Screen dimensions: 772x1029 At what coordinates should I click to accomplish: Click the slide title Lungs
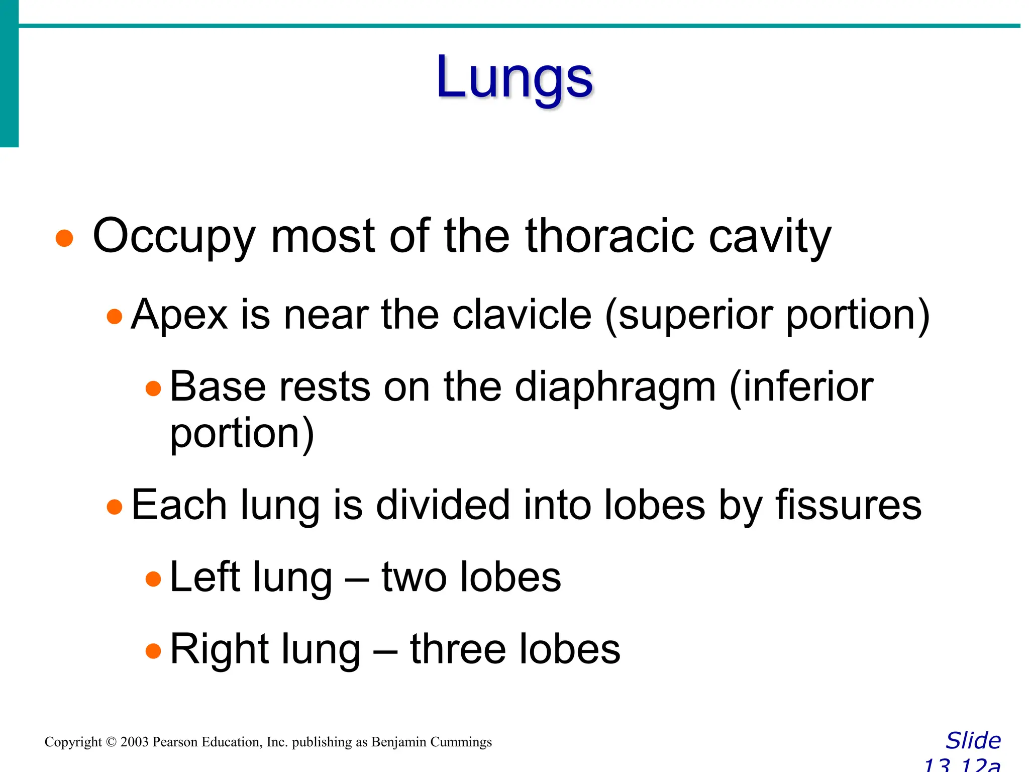tap(514, 78)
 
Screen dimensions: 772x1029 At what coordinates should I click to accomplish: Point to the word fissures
tap(849, 505)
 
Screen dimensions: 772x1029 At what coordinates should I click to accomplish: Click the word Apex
tap(179, 315)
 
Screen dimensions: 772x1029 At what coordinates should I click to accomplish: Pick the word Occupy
tap(174, 236)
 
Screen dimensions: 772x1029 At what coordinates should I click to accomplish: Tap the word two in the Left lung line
tap(414, 577)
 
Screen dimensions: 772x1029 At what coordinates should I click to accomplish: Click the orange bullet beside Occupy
tap(65, 238)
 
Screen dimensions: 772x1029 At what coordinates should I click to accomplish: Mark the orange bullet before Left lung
tap(153, 580)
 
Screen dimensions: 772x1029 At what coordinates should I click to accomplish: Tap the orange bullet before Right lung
tap(153, 651)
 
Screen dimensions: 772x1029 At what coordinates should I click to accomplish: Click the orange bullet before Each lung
tap(115, 507)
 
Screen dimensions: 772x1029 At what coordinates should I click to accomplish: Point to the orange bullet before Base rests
tap(153, 389)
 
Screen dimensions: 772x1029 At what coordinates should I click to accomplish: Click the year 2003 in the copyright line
tap(134, 742)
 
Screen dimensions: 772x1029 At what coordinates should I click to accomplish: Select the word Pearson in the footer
tap(175, 742)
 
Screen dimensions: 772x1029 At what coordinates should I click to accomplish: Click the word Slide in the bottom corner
tap(973, 741)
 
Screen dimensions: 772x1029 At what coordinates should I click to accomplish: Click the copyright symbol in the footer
tap(111, 742)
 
